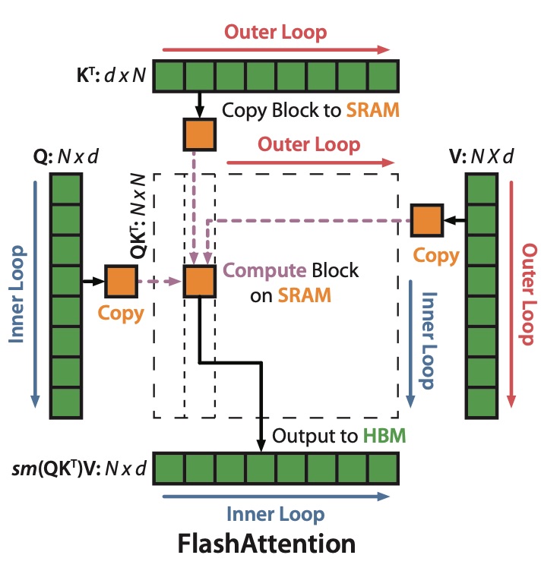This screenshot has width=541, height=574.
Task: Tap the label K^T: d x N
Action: click(x=111, y=76)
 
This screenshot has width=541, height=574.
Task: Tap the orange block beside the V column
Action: click(x=426, y=220)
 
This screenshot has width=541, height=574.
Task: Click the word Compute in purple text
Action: click(x=258, y=271)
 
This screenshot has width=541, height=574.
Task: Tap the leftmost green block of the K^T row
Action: click(x=172, y=76)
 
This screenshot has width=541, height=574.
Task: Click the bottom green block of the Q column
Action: click(x=65, y=402)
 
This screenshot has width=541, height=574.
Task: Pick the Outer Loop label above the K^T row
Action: click(x=276, y=32)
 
